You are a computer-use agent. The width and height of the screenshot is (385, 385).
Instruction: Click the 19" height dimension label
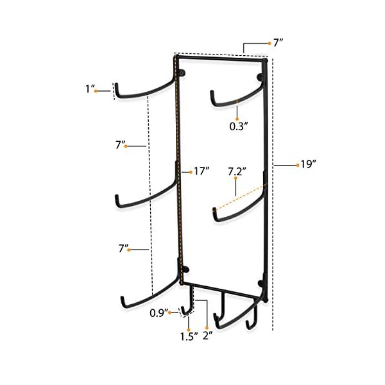(309, 165)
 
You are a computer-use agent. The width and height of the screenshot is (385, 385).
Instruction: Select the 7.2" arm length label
(237, 173)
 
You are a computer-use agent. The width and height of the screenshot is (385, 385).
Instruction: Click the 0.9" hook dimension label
(158, 312)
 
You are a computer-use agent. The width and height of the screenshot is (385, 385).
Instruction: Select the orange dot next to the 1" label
(96, 91)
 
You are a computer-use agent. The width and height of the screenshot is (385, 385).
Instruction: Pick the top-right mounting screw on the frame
(260, 78)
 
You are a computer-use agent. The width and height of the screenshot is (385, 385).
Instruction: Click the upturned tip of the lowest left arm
(121, 300)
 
